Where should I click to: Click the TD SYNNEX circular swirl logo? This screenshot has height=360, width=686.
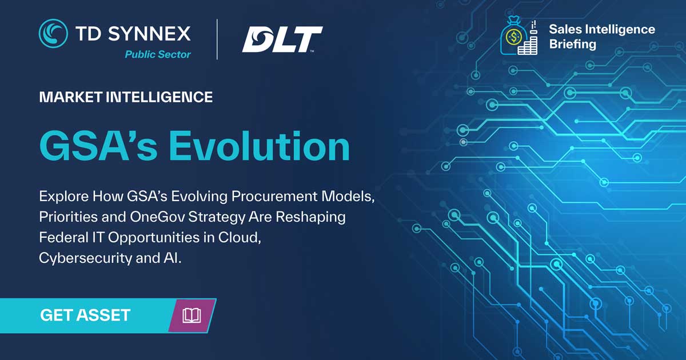click(x=53, y=33)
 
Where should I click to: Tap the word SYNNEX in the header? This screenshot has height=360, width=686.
click(x=149, y=33)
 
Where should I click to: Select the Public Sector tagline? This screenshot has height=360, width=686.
click(x=158, y=54)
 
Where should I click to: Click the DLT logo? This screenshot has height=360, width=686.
click(x=282, y=39)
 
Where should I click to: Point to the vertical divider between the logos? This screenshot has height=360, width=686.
click(x=217, y=39)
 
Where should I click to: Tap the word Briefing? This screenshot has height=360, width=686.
click(x=573, y=44)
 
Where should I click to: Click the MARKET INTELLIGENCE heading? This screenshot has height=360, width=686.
click(x=126, y=97)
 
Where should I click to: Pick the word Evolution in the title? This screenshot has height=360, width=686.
click(x=260, y=146)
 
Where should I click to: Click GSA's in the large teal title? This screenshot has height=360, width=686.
click(x=98, y=146)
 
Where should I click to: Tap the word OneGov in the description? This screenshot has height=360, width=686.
click(x=157, y=217)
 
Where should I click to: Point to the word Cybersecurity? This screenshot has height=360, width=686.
click(x=85, y=258)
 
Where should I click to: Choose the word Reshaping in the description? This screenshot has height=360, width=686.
click(x=310, y=217)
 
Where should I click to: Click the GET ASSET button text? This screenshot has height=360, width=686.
click(x=85, y=315)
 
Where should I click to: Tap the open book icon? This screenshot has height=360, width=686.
click(x=192, y=315)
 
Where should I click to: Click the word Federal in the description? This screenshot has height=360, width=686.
click(x=63, y=238)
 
